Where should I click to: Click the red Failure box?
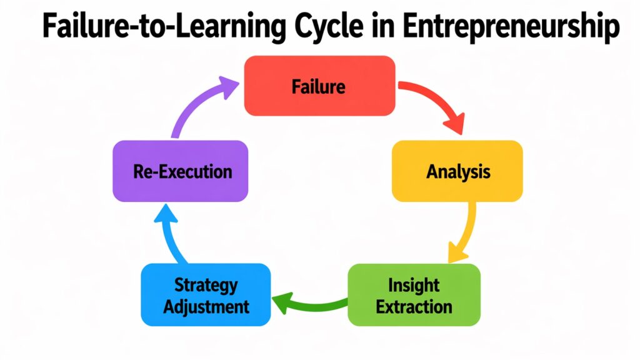tap(319, 86)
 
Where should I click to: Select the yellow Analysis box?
tap(457, 171)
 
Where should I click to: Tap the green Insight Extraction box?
tap(414, 295)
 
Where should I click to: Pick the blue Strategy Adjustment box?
tap(206, 295)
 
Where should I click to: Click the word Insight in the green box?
tap(414, 286)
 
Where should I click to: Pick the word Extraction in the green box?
tap(414, 306)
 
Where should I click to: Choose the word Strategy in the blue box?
tap(206, 286)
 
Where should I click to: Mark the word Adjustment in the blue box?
tap(206, 306)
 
